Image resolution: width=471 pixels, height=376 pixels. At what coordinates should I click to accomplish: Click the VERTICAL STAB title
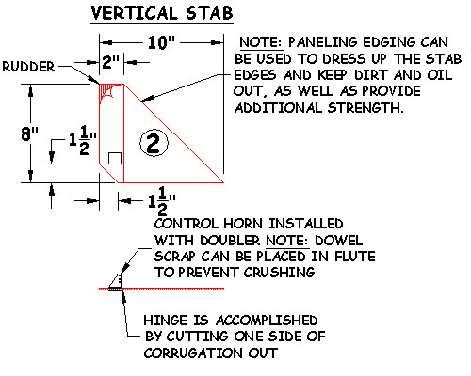pyautogui.click(x=162, y=13)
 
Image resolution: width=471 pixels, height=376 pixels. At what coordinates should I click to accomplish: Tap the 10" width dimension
pyautogui.click(x=161, y=42)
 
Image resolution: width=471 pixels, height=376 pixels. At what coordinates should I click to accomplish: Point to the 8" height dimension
pyautogui.click(x=29, y=134)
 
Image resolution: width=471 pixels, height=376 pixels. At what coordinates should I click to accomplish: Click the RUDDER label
pyautogui.click(x=28, y=67)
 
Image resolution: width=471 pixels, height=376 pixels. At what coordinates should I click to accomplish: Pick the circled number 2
pyautogui.click(x=154, y=143)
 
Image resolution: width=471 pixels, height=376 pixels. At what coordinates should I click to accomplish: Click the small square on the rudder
pyautogui.click(x=115, y=158)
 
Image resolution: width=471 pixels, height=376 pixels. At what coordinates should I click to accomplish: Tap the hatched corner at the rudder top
pyautogui.click(x=106, y=92)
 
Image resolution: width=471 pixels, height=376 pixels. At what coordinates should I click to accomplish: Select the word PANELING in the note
pyautogui.click(x=322, y=42)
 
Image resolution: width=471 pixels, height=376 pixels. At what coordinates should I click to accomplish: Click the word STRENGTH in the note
pyautogui.click(x=365, y=108)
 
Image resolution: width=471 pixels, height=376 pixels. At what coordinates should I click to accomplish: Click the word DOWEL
pyautogui.click(x=338, y=241)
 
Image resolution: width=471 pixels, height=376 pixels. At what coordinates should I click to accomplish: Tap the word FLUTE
pyautogui.click(x=355, y=257)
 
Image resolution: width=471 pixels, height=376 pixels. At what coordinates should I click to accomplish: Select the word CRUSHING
pyautogui.click(x=279, y=272)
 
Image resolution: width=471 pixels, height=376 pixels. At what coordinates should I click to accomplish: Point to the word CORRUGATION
pyautogui.click(x=193, y=352)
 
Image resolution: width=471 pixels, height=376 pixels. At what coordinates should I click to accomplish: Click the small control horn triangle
pyautogui.click(x=116, y=281)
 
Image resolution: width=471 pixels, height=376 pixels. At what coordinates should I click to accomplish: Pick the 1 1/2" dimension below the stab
pyautogui.click(x=162, y=200)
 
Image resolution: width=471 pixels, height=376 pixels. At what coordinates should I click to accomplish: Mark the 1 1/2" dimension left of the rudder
pyautogui.click(x=82, y=140)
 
